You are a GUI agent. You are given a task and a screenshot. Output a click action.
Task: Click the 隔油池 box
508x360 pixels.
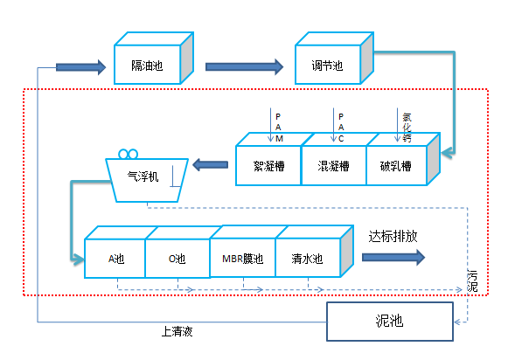coord(148,65)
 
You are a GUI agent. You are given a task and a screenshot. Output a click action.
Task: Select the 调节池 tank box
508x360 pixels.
coord(328,65)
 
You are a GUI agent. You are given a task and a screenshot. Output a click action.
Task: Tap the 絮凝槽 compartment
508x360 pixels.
coord(268,165)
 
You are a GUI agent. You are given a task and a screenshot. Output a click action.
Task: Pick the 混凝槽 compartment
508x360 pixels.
coord(334,165)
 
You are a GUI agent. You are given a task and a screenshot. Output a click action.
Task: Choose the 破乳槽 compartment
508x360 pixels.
coord(396,165)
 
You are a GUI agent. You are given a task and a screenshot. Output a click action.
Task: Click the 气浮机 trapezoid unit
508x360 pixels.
coord(147,180)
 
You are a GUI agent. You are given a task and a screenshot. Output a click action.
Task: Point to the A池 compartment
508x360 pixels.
coord(115,259)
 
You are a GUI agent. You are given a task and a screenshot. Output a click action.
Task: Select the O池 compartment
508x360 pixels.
coord(177,259)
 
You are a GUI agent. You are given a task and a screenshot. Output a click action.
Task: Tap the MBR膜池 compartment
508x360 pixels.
coord(243,258)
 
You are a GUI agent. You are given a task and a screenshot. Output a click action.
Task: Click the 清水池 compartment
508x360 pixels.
coord(308,258)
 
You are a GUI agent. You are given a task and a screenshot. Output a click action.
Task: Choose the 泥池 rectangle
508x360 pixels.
coord(390,322)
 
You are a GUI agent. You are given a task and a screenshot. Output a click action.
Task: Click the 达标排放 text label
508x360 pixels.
coord(393,237)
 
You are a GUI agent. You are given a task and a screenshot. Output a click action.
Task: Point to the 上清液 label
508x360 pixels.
coord(177,331)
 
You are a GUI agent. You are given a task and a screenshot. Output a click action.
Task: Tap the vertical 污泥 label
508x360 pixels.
coord(472,280)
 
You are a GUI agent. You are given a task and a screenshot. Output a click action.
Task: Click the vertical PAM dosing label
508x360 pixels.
coord(279,128)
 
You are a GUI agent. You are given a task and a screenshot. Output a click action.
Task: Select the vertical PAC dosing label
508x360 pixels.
coord(341,128)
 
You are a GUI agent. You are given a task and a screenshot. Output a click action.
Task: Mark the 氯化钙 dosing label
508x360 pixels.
coord(407,128)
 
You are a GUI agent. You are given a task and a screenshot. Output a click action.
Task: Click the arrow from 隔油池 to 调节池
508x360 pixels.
coord(244,67)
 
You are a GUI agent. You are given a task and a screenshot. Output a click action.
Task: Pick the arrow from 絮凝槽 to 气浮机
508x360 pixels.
coord(210,165)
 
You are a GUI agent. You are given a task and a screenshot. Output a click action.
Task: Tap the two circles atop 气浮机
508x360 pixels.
coord(129,154)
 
